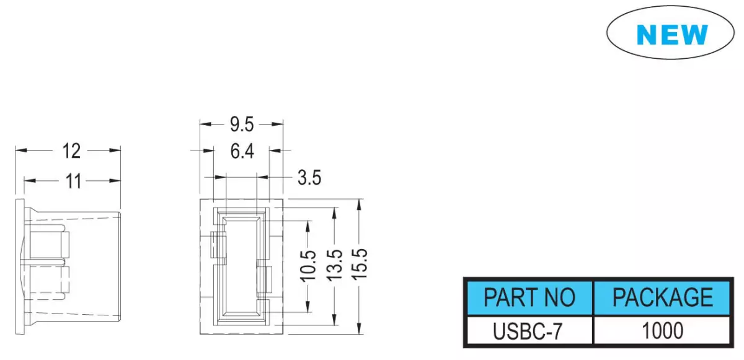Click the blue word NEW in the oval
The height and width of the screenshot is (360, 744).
pos(672,34)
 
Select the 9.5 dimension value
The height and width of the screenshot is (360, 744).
pos(242,125)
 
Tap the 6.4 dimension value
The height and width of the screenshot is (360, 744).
pos(242,151)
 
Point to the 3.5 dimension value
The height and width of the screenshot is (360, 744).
pos(309,177)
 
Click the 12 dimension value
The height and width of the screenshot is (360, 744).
pos(71,151)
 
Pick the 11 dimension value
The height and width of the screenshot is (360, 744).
pos(73,182)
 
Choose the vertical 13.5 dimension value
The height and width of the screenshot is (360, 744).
pos(334,265)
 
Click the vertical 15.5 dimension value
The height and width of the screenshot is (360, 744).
pos(360,264)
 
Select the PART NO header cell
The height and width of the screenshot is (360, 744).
pos(529,297)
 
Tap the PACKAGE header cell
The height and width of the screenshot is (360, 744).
pos(662,297)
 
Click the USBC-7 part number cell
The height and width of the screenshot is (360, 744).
pos(529,331)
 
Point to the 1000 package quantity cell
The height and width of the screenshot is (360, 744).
pos(662,331)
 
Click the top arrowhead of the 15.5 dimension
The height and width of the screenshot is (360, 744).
pos(359,204)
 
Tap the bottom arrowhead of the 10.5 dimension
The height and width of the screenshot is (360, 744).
pos(308,307)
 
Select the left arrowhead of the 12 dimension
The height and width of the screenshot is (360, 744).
pos(21,151)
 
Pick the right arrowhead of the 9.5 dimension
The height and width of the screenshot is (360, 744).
pos(277,125)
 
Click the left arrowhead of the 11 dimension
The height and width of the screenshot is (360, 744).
pos(30,181)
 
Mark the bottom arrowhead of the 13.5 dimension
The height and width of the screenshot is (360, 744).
pos(334,320)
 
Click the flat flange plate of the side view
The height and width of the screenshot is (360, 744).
pos(20,267)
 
